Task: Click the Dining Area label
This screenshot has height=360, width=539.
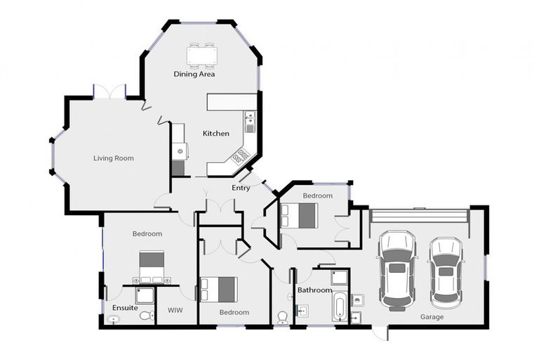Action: click(194, 74)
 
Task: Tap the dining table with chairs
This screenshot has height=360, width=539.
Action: click(202, 55)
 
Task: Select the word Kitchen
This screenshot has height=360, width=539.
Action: click(216, 134)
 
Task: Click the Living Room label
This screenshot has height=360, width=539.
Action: click(114, 158)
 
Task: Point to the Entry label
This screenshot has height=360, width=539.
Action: click(241, 188)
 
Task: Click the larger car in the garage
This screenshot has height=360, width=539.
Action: click(397, 271)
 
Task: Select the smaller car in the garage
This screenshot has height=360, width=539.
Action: click(446, 273)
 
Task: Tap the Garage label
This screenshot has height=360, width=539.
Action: click(432, 317)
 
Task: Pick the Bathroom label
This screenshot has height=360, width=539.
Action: click(314, 290)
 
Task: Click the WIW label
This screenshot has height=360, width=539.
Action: click(175, 310)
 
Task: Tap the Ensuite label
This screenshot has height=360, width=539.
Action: click(125, 308)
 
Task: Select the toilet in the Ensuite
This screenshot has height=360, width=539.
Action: click(149, 315)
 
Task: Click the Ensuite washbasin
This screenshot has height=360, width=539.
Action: click(113, 320)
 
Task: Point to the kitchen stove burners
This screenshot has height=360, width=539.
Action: click(241, 155)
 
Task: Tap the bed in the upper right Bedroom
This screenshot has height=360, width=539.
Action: click(299, 216)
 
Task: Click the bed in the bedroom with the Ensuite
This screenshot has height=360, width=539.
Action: click(152, 267)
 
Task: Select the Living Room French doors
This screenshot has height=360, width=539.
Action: click(109, 92)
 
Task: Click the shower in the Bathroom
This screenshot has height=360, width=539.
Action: click(340, 278)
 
